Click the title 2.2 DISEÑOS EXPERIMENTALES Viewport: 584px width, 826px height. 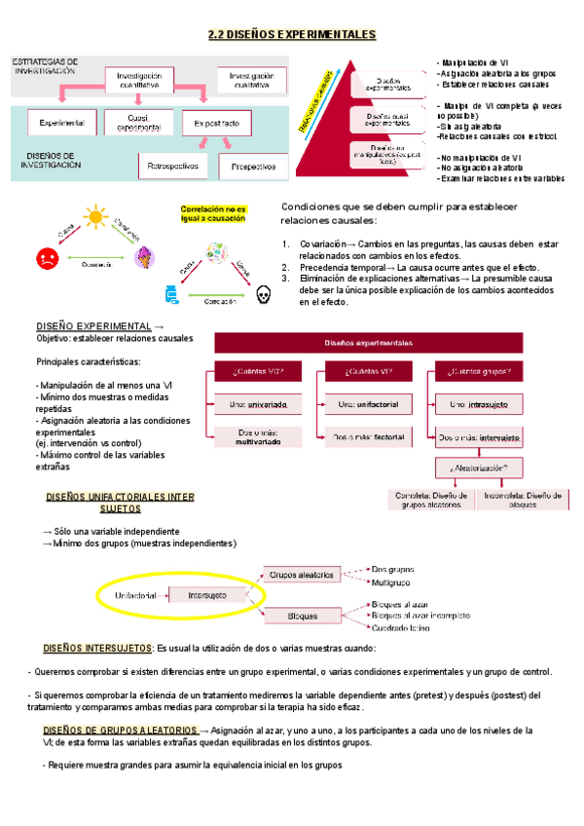[x=292, y=35]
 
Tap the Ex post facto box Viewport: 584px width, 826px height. [x=223, y=124]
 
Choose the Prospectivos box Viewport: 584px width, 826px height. [x=253, y=167]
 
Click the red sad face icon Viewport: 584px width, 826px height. [x=47, y=260]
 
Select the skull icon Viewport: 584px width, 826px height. [x=261, y=293]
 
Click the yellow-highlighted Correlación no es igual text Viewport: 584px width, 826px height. [x=213, y=214]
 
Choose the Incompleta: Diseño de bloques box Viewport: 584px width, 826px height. [x=523, y=499]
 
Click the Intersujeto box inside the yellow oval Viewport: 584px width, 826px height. [x=207, y=593]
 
